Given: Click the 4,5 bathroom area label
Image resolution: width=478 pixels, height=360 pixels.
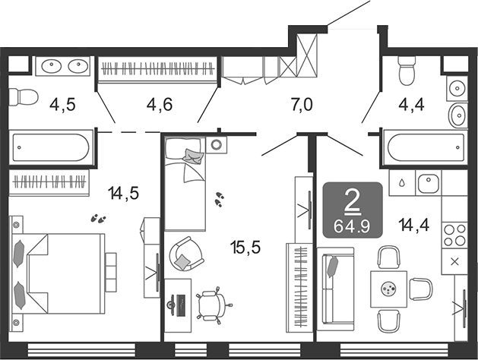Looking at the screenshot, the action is click(62, 105).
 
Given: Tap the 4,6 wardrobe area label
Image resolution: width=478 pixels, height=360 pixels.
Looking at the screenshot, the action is click(160, 105).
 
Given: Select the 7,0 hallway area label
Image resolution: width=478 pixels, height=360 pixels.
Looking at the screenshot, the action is click(302, 105).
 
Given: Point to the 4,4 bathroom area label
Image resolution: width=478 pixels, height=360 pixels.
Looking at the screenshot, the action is click(411, 105).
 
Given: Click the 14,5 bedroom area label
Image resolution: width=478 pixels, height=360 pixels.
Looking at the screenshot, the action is click(123, 193).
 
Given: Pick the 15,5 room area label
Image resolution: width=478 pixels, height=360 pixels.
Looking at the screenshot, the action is click(245, 247).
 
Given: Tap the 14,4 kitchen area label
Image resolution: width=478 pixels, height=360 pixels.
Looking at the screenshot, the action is click(414, 226).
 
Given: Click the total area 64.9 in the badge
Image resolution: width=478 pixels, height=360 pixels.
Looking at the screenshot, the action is click(352, 226).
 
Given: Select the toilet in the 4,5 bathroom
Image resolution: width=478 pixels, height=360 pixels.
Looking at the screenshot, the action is click(23, 97).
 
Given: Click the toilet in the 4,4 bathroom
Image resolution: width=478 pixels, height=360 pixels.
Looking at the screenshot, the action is click(407, 71).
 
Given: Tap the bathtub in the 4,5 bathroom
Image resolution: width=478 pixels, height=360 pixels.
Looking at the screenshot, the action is click(51, 147).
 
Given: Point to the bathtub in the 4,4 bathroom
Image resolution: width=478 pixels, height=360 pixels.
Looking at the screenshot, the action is click(425, 147).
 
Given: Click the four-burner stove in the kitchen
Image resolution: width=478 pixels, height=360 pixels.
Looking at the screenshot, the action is click(454, 235).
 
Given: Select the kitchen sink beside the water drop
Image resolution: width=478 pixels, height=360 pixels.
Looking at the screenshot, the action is click(429, 183).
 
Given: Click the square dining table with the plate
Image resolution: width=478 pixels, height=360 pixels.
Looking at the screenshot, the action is click(388, 289).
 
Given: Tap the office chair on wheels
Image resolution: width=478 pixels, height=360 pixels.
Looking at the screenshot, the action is click(213, 305).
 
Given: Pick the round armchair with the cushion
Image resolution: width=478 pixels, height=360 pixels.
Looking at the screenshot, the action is click(186, 254).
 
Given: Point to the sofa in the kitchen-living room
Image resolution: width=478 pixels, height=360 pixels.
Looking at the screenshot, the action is click(335, 289).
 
